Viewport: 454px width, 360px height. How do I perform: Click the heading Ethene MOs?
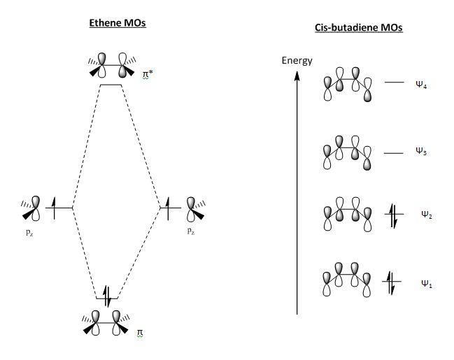(111, 23)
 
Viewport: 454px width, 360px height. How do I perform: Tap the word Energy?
(297, 60)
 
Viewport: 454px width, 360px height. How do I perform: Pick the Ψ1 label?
(426, 283)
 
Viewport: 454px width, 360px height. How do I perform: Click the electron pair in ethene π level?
(108, 296)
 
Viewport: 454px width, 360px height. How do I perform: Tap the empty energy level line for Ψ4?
(394, 82)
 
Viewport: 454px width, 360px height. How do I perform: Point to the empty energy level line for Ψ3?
(394, 152)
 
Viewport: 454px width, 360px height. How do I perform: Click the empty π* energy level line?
(111, 85)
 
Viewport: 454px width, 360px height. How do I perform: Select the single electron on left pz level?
(59, 207)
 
